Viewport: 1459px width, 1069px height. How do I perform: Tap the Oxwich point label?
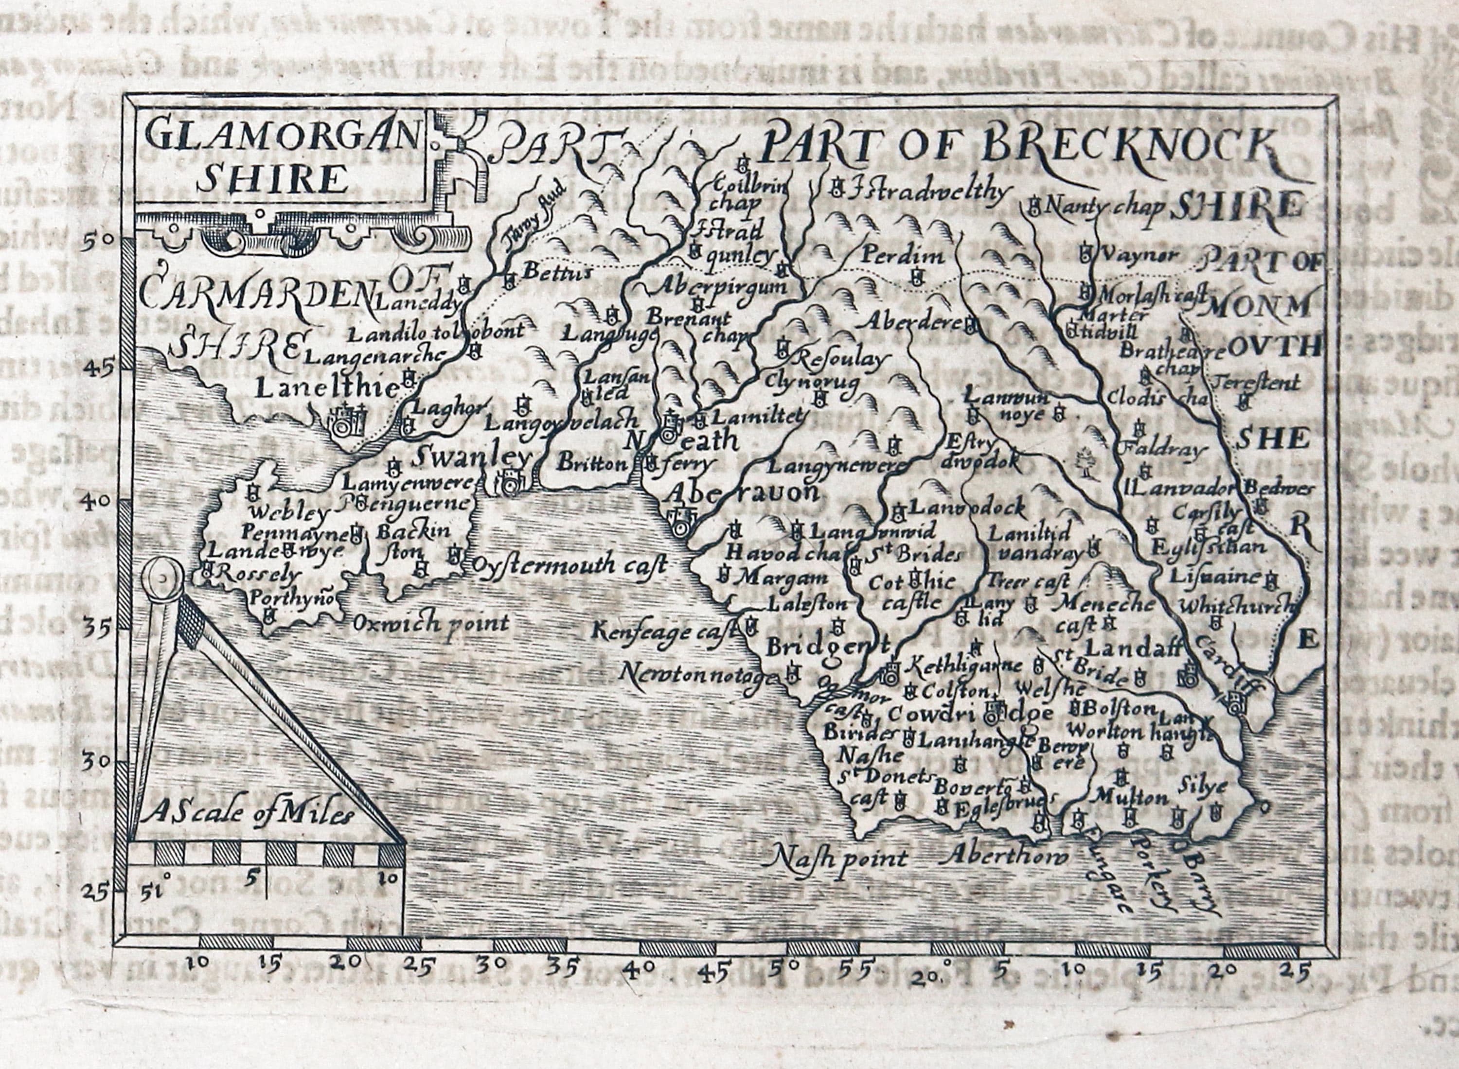(x=430, y=624)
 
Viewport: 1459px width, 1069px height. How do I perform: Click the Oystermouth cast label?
(x=569, y=565)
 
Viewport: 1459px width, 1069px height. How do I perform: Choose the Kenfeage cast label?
(x=665, y=631)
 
